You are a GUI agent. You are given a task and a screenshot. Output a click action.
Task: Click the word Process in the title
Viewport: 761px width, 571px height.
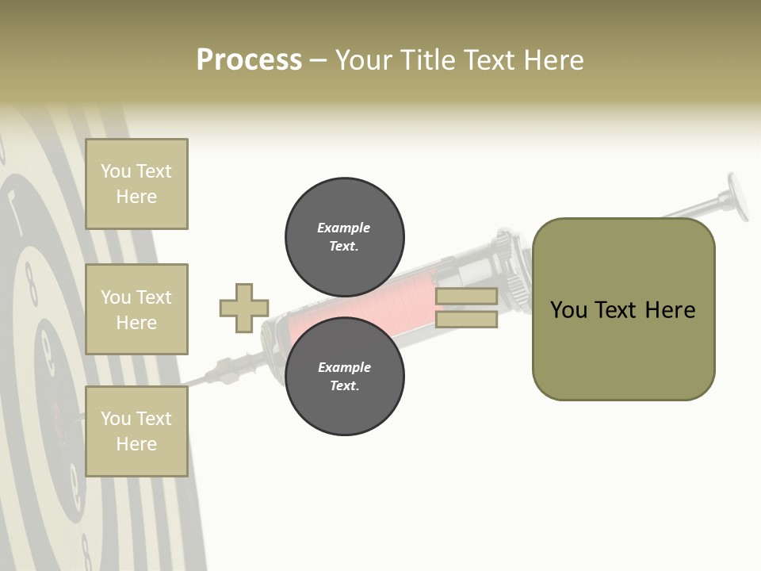pyautogui.click(x=249, y=60)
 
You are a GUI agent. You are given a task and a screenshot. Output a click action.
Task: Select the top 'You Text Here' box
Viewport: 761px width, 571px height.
pyautogui.click(x=136, y=184)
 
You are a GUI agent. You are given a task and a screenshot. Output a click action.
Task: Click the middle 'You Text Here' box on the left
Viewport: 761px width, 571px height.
pyautogui.click(x=136, y=309)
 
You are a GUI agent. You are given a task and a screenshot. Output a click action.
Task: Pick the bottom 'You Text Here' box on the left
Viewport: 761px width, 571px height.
pyautogui.click(x=136, y=431)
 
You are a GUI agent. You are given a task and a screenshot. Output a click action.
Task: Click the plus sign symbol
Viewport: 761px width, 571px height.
pyautogui.click(x=244, y=308)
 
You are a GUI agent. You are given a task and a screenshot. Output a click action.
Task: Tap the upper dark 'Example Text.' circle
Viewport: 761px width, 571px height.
pyautogui.click(x=344, y=236)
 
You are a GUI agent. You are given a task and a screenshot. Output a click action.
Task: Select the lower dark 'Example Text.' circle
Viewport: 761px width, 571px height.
pyautogui.click(x=344, y=376)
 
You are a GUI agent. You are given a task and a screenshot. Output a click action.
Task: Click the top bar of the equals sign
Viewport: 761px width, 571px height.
pyautogui.click(x=466, y=297)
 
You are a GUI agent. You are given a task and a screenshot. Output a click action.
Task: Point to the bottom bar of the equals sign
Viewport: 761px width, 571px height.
pyautogui.click(x=466, y=320)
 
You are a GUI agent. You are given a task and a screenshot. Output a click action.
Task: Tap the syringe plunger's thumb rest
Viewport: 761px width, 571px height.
pyautogui.click(x=739, y=197)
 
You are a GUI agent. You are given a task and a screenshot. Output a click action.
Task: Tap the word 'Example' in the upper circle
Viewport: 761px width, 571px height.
pyautogui.click(x=343, y=228)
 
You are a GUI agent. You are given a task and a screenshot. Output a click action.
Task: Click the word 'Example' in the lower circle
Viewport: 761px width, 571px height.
pyautogui.click(x=344, y=367)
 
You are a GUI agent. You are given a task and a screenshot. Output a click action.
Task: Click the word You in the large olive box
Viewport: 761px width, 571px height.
pyautogui.click(x=568, y=310)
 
